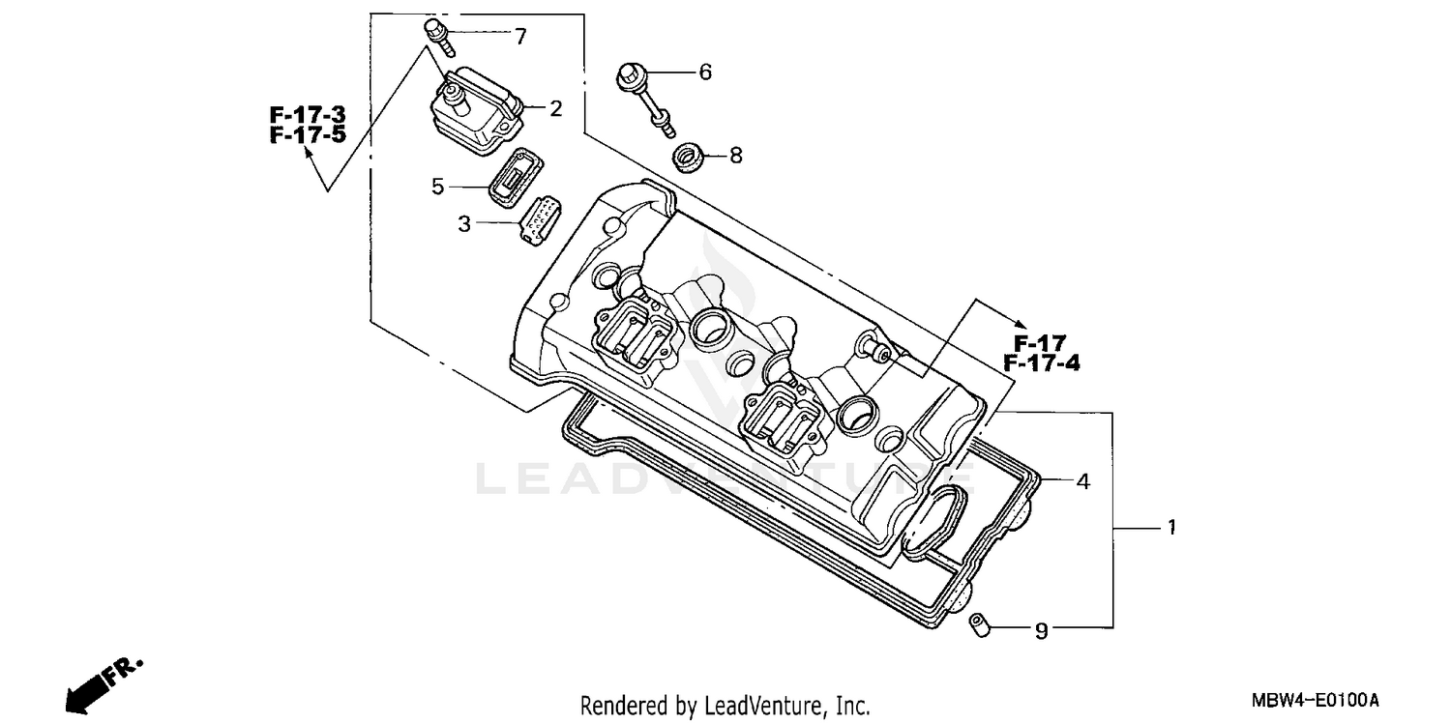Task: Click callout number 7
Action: point(520,37)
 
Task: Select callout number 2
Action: point(555,108)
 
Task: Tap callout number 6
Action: point(705,72)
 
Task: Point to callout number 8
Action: point(735,155)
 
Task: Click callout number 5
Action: point(438,187)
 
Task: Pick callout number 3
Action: point(464,224)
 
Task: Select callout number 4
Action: point(1083,480)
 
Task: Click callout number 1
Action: point(1170,528)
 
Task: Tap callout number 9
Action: point(1041,631)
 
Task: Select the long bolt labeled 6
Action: point(644,96)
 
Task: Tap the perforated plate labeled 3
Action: point(536,219)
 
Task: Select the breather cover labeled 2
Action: point(476,109)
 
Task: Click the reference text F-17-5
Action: point(307,134)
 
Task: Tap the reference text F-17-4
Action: point(1041,362)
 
